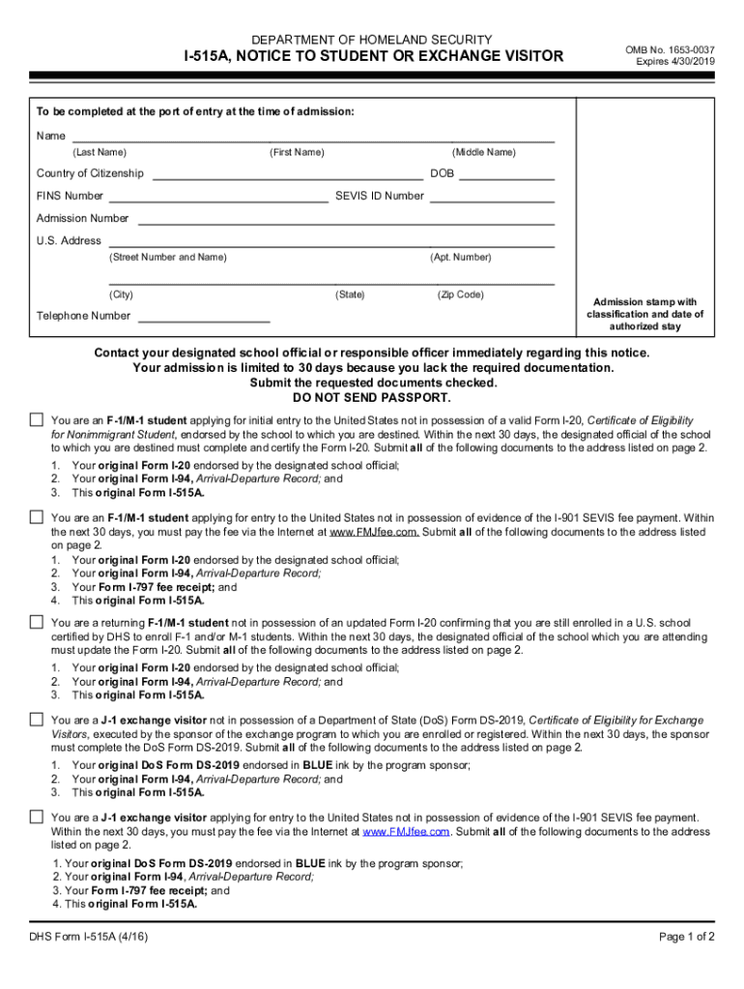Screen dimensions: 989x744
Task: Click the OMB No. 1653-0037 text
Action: click(669, 47)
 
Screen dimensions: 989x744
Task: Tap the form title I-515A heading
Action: click(374, 57)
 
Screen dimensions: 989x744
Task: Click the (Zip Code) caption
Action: click(460, 295)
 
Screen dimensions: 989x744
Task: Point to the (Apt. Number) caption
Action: click(461, 257)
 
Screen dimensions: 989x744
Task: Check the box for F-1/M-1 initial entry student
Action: click(37, 420)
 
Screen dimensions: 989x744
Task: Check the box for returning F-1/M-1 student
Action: click(37, 621)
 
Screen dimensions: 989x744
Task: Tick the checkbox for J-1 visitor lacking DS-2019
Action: click(37, 720)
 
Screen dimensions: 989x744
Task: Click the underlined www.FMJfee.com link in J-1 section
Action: click(407, 832)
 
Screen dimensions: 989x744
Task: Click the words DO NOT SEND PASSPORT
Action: click(372, 397)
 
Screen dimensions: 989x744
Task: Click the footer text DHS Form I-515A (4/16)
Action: click(89, 937)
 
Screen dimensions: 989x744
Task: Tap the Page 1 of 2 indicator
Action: click(687, 937)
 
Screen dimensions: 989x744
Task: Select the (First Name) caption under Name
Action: click(298, 153)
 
